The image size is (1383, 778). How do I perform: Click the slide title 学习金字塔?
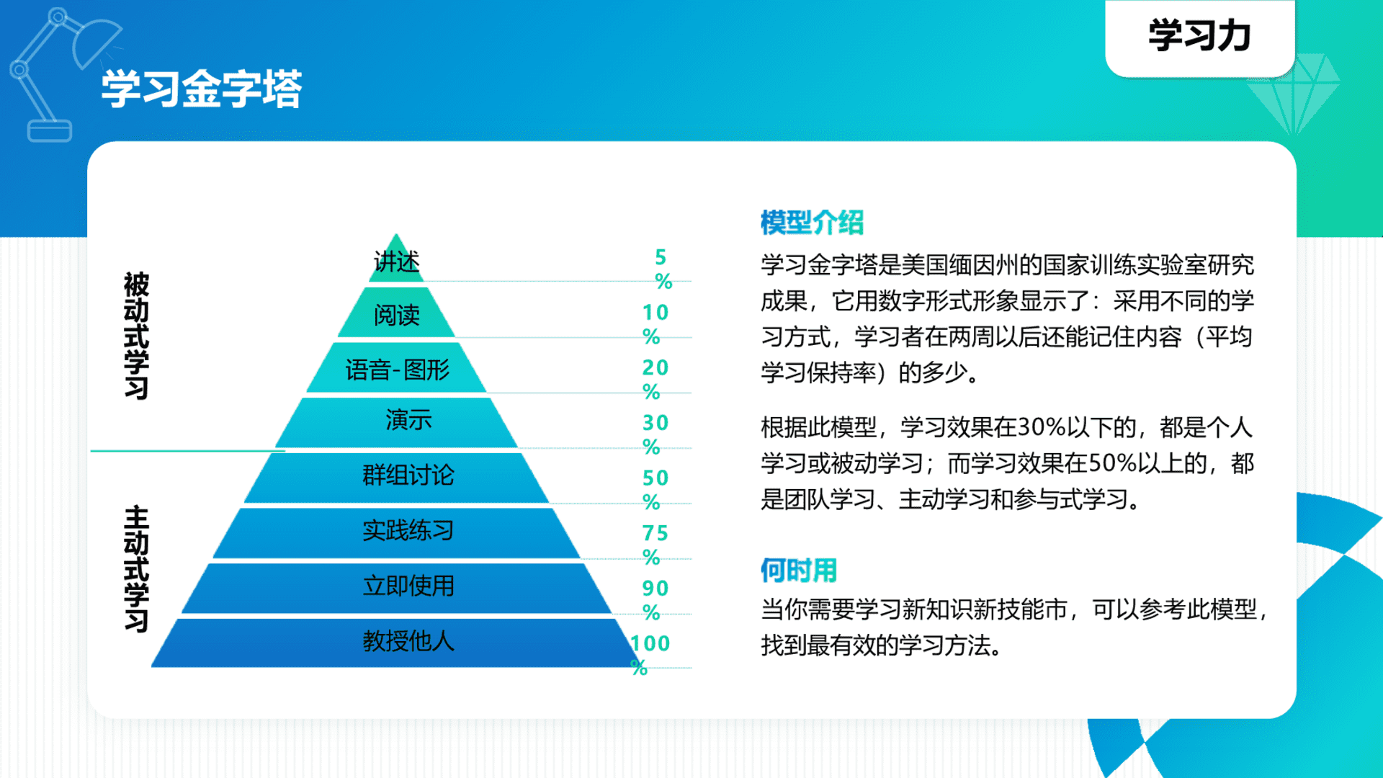201,89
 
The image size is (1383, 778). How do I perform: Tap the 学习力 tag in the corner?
1199,36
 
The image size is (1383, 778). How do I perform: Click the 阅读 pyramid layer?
396,315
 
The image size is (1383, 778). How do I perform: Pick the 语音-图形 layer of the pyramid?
397,370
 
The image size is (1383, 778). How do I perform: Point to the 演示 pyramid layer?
408,420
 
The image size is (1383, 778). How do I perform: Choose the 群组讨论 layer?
408,475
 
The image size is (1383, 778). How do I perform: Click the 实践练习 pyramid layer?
408,531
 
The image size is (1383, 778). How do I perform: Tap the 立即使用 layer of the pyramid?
408,586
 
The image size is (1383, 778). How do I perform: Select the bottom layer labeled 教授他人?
408,641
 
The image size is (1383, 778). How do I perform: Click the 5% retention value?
662,269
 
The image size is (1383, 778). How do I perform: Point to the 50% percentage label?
654,489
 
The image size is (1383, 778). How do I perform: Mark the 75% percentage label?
654,545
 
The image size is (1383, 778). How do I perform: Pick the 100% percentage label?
648,654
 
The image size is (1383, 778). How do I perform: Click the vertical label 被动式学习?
136,336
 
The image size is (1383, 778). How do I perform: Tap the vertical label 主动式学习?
136,569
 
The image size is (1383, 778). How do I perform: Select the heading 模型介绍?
812,223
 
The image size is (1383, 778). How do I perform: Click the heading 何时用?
799,571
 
